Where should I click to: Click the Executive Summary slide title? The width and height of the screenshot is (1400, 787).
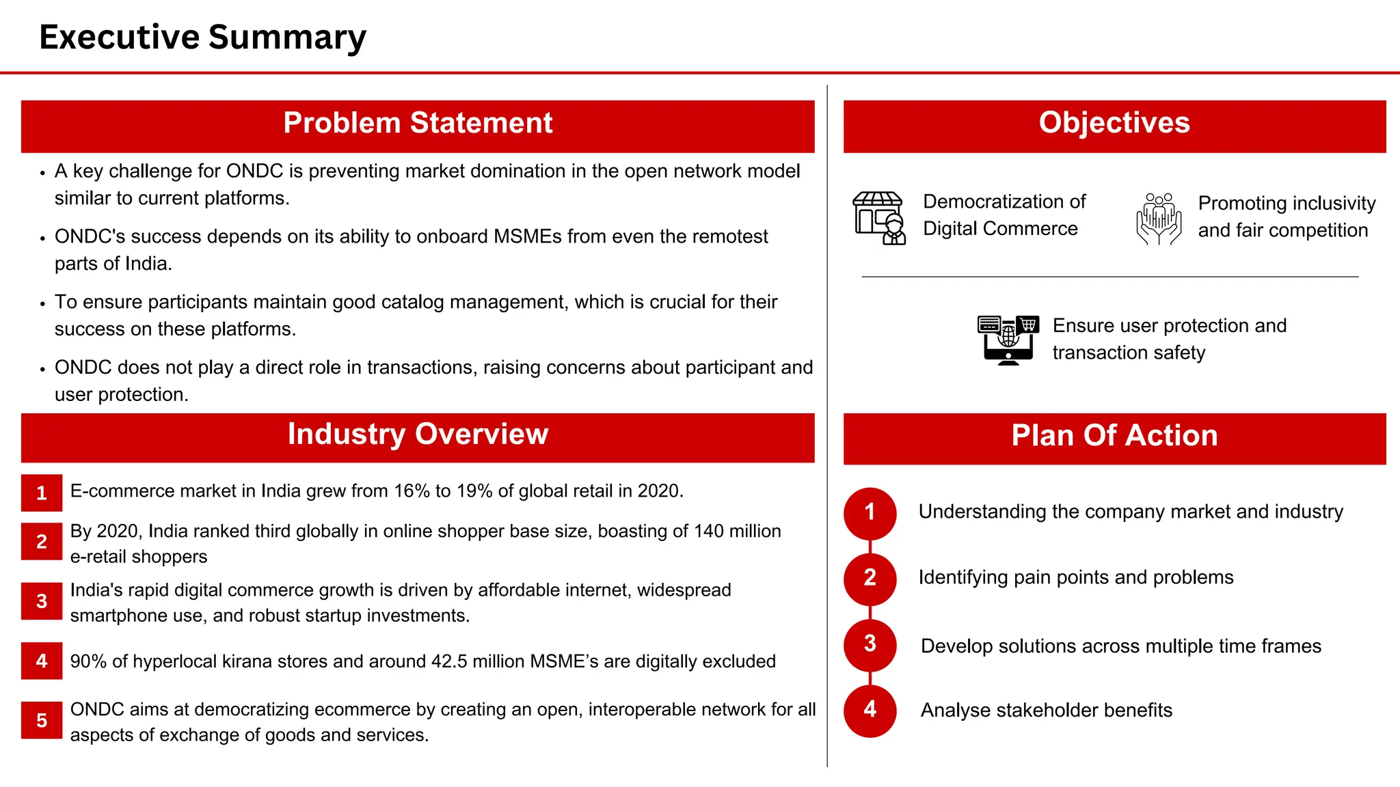[x=202, y=37]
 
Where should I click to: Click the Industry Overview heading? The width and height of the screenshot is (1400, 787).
[x=418, y=435]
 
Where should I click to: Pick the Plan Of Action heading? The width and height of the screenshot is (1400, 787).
[x=1114, y=437]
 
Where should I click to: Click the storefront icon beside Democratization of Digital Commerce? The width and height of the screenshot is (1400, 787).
[x=879, y=218]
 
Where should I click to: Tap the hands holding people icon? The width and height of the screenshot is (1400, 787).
[x=1159, y=219]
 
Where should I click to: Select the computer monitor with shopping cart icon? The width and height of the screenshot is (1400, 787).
[x=1008, y=340]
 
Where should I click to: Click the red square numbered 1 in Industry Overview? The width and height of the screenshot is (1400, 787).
[x=42, y=493]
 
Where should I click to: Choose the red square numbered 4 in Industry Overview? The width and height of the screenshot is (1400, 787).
[x=42, y=661]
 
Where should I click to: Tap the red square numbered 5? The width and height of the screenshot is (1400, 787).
[x=42, y=720]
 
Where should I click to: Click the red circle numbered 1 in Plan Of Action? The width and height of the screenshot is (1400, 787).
[x=870, y=512]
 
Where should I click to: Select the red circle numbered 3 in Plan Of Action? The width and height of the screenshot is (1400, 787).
[x=870, y=644]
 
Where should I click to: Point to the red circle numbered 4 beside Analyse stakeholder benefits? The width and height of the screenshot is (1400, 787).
[x=870, y=710]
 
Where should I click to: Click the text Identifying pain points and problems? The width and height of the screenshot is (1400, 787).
[x=1075, y=578]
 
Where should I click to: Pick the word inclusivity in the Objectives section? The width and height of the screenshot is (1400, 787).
[x=1332, y=204]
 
